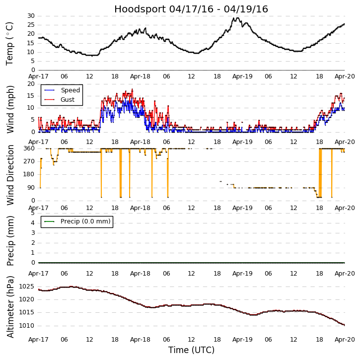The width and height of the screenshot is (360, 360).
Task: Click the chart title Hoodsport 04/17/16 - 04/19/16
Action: tap(191, 9)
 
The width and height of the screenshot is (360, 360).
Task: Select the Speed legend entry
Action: tap(70, 90)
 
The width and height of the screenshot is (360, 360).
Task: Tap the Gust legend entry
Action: tap(68, 100)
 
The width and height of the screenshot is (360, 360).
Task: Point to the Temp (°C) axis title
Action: tap(10, 43)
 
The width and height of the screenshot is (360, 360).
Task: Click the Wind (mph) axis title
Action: tap(11, 109)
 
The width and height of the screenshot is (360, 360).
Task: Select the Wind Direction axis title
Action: tap(11, 174)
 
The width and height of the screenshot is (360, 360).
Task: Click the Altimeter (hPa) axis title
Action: tap(11, 306)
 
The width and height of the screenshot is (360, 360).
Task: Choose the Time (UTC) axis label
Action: tap(191, 350)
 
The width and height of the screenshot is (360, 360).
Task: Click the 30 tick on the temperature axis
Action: tap(31, 16)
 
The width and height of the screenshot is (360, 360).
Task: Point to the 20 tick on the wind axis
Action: tap(31, 84)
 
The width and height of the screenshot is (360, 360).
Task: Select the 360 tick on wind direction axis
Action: tap(29, 148)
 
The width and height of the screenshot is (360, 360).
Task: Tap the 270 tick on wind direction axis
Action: tap(29, 161)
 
